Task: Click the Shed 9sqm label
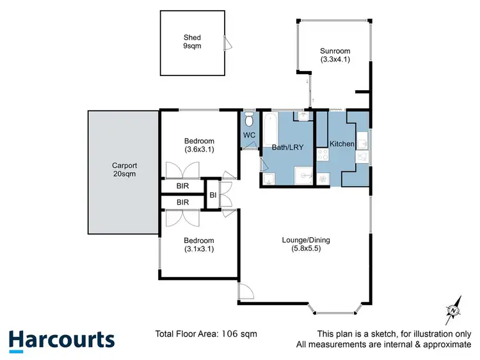pyautogui.click(x=192, y=42)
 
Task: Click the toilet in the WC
pyautogui.click(x=250, y=119)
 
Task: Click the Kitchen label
pyautogui.click(x=342, y=144)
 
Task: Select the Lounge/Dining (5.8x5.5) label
pyautogui.click(x=305, y=245)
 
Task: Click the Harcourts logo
pyautogui.click(x=62, y=340)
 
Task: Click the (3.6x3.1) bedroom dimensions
pyautogui.click(x=199, y=150)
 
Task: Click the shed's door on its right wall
pyautogui.click(x=226, y=43)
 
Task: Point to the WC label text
pyautogui.click(x=250, y=135)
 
